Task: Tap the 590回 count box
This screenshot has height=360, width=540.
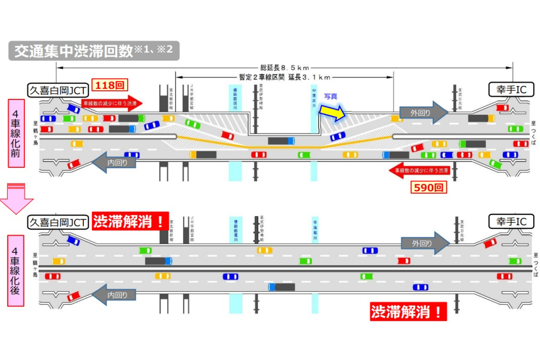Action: coord(428,187)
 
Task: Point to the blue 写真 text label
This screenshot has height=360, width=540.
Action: coord(331,96)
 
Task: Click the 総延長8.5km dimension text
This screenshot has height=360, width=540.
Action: coord(284,67)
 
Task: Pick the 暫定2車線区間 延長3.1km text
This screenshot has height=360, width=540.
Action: coord(284,77)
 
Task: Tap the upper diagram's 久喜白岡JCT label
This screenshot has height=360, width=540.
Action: coord(58,90)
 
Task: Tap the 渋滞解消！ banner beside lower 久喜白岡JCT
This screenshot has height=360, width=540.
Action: coord(130,221)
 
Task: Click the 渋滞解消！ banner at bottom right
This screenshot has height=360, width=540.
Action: coord(408,311)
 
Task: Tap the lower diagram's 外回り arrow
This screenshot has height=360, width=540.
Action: coord(425,243)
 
